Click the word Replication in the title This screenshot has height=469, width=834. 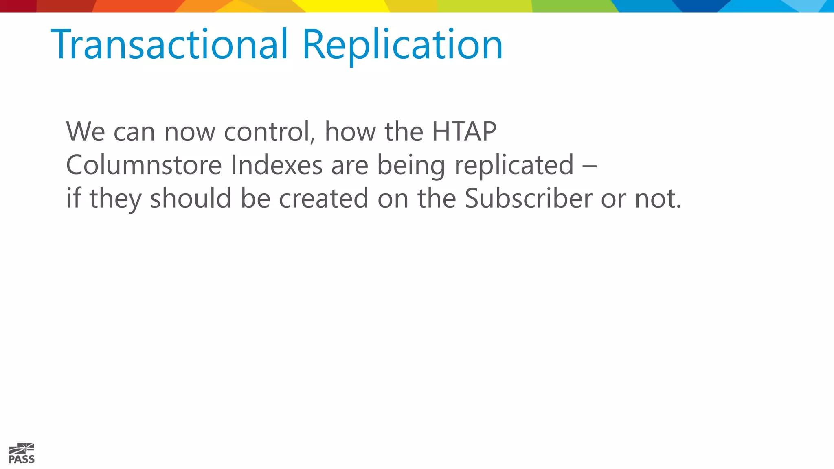pyautogui.click(x=402, y=45)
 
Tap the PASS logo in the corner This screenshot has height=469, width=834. pyautogui.click(x=21, y=454)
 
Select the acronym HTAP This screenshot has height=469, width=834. pyautogui.click(x=464, y=131)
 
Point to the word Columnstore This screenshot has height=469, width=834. pyautogui.click(x=144, y=165)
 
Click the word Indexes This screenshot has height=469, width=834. pyautogui.click(x=277, y=165)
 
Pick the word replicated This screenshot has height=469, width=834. pyautogui.click(x=514, y=165)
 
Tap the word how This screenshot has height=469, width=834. pyautogui.click(x=350, y=131)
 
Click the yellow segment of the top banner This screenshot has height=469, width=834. pyautogui.click(x=346, y=6)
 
